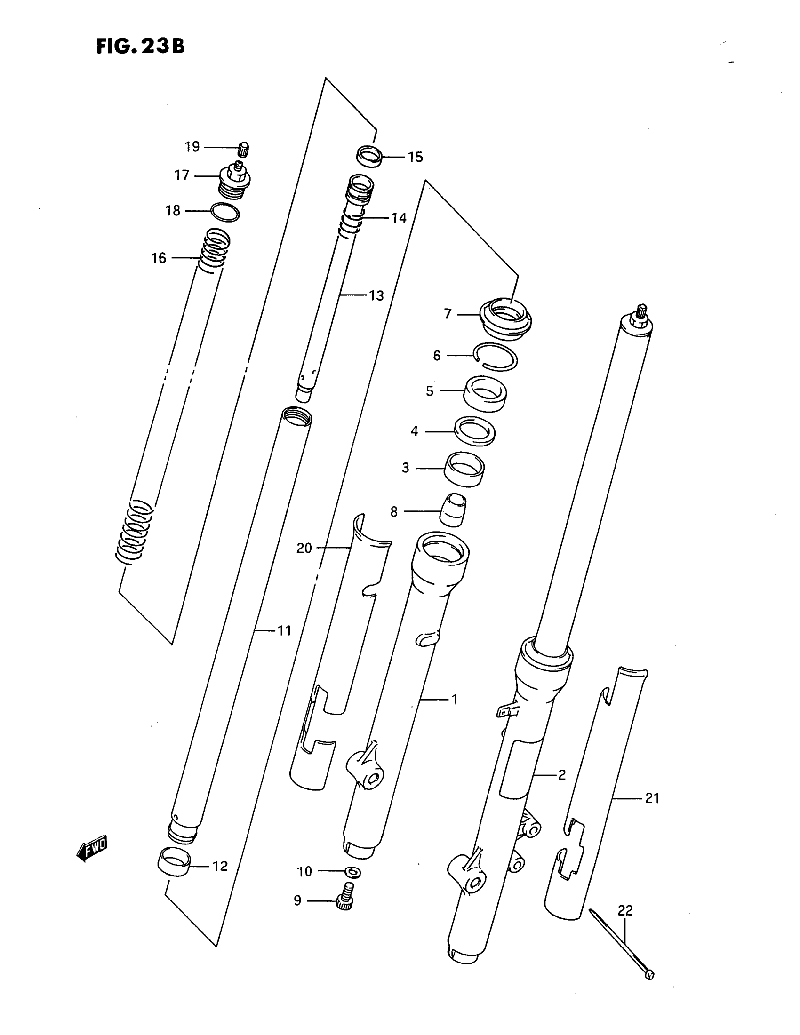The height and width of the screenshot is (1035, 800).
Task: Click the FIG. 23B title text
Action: point(140,46)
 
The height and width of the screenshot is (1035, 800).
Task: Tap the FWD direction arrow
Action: point(92,847)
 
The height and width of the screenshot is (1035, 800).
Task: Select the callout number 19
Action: point(192,147)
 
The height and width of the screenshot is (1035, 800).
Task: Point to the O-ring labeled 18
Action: point(225,212)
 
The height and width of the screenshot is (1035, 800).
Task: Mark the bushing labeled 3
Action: point(464,468)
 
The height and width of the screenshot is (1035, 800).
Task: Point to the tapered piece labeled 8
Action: point(453,510)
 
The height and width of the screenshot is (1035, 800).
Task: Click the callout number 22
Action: point(625,920)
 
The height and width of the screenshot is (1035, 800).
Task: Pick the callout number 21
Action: point(652,798)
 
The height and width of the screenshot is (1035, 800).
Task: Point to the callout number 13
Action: point(376,296)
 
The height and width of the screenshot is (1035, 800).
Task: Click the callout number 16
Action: point(159,258)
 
